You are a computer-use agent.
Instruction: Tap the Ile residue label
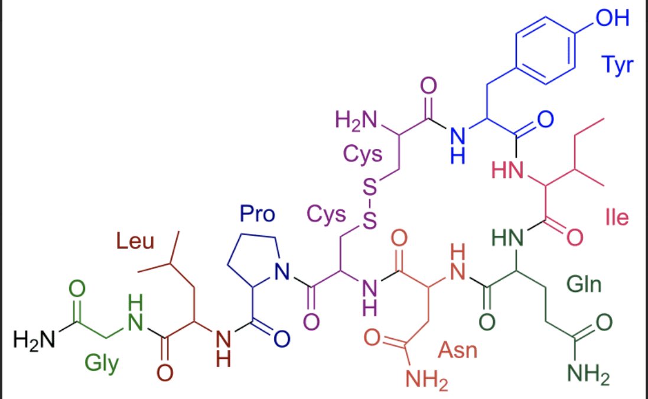pos(617,218)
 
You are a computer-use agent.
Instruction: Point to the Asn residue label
pos(458,351)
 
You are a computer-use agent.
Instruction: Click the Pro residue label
pos(258,213)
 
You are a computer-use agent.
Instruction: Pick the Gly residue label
pos(101,362)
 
